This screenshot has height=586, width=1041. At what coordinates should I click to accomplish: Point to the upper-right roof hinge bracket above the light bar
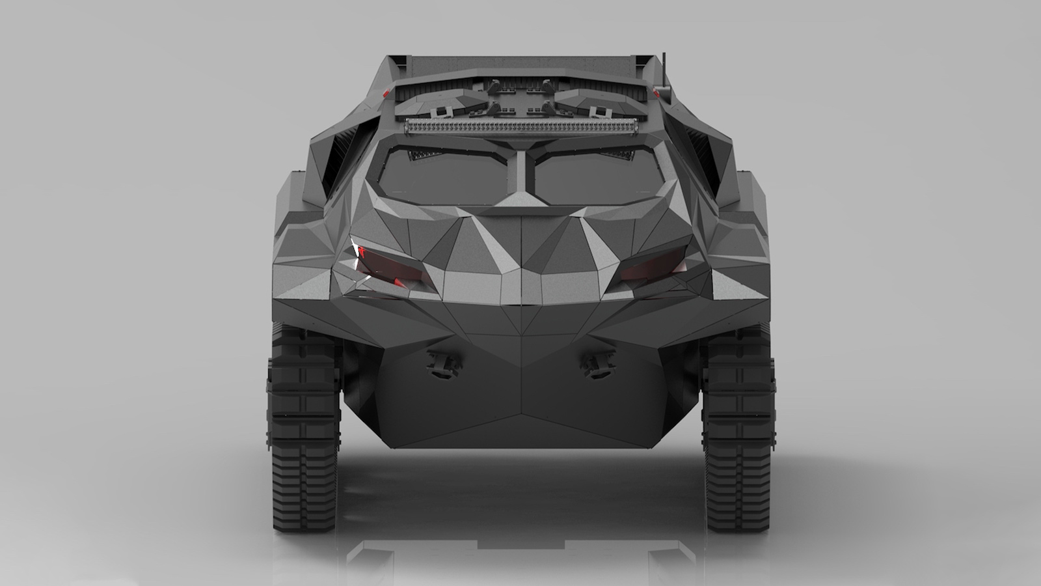(547, 85)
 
